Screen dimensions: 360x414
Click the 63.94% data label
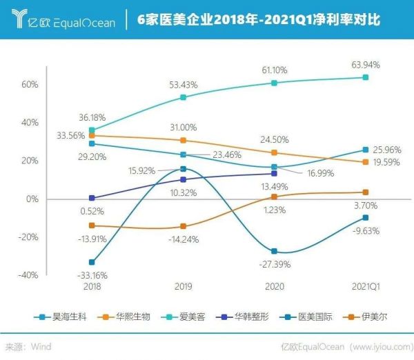pos(366,65)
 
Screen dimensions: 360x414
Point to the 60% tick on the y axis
pos(28,85)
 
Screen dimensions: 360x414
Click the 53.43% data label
pos(183,84)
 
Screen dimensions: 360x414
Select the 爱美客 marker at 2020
pos(274,83)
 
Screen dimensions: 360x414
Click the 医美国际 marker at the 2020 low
pos(274,251)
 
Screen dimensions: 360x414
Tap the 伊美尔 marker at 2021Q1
pos(366,192)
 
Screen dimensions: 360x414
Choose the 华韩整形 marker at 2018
pos(92,198)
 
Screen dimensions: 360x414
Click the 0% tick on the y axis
pos(32,199)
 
